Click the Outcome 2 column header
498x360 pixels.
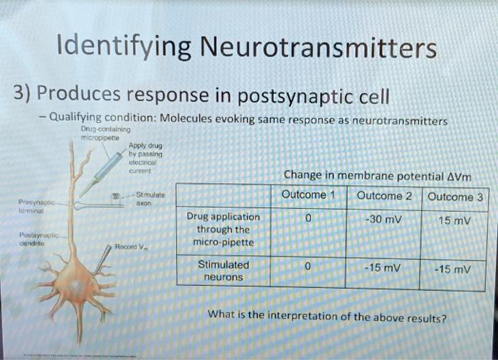click(384, 196)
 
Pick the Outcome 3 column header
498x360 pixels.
click(455, 197)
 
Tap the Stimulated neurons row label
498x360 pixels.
click(223, 270)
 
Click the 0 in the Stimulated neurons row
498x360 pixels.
click(307, 266)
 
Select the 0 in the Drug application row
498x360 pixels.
click(307, 218)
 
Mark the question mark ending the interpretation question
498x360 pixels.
click(445, 319)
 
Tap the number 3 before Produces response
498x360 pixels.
click(19, 93)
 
